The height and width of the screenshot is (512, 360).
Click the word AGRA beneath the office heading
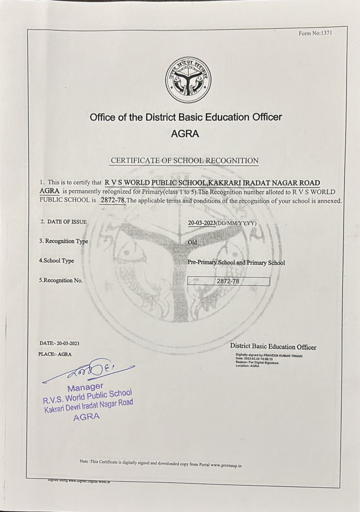[185, 133]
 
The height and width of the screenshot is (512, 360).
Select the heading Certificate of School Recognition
[185, 161]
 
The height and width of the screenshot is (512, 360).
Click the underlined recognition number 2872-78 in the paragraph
[113, 200]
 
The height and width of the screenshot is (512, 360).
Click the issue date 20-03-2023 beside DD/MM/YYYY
[202, 223]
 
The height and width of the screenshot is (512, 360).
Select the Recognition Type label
[64, 241]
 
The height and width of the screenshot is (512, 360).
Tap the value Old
[192, 242]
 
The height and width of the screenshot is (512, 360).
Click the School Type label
[57, 260]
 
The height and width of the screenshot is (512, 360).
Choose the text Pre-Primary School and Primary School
[236, 262]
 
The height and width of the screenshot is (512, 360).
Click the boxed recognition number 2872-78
[228, 281]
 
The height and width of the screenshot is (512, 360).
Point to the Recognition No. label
[61, 280]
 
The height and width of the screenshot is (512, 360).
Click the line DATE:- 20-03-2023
[60, 343]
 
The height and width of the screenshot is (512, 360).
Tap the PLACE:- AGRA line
[55, 354]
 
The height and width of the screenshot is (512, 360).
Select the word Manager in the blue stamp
[85, 388]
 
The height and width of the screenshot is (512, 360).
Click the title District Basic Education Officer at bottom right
[273, 347]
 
